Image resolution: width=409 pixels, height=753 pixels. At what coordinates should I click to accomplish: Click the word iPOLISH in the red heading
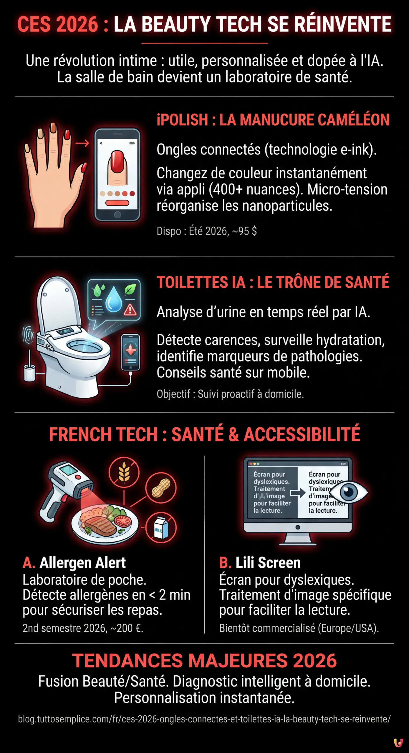click(182, 120)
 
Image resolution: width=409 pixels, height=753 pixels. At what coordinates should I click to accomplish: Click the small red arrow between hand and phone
click(82, 143)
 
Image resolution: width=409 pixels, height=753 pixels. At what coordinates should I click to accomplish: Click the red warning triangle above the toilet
click(130, 310)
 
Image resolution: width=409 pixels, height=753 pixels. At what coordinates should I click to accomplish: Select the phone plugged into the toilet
click(130, 352)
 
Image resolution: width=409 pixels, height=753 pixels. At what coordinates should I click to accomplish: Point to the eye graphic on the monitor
click(349, 492)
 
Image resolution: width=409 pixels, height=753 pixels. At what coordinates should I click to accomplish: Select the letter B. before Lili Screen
click(225, 563)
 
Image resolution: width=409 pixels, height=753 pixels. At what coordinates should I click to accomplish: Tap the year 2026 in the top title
click(77, 24)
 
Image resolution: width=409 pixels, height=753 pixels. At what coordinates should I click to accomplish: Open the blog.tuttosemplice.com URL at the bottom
click(204, 719)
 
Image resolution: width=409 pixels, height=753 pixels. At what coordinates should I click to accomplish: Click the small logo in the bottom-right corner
click(398, 742)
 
